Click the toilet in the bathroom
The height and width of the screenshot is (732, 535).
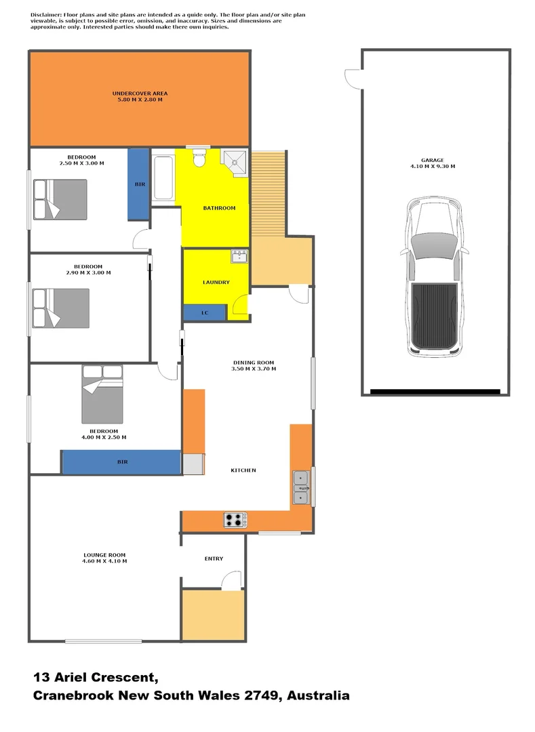pos(199,159)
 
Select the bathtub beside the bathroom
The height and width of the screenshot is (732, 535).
pos(163,178)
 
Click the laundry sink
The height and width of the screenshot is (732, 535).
pos(240,256)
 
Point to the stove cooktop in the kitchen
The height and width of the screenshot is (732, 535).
pos(235,520)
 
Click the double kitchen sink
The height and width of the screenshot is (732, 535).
pos(301,487)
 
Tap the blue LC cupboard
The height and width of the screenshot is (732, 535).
pos(205,313)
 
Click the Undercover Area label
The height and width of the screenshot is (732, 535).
pos(140,93)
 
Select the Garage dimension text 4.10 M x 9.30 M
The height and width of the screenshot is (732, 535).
pos(433,166)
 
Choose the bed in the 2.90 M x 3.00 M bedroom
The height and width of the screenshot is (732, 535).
pos(61,308)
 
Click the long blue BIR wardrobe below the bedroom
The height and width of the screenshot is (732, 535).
pos(121,462)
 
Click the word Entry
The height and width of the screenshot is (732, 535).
pos(214,558)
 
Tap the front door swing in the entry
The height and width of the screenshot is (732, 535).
pos(233,579)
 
